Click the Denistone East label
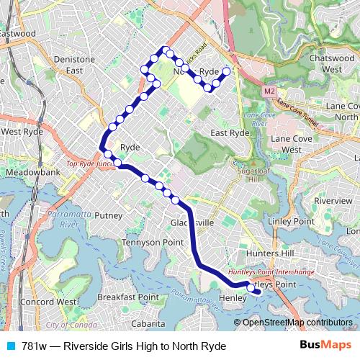pos(75,65)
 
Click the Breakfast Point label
pos(128,297)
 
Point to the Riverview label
pos(333,200)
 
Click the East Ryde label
pos(230,133)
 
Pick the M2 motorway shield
pos(269,91)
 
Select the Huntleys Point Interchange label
pos(270,273)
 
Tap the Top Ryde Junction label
pos(91,164)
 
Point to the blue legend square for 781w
pos(9,346)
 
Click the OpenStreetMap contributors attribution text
pos(297,322)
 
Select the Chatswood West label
pos(332,63)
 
